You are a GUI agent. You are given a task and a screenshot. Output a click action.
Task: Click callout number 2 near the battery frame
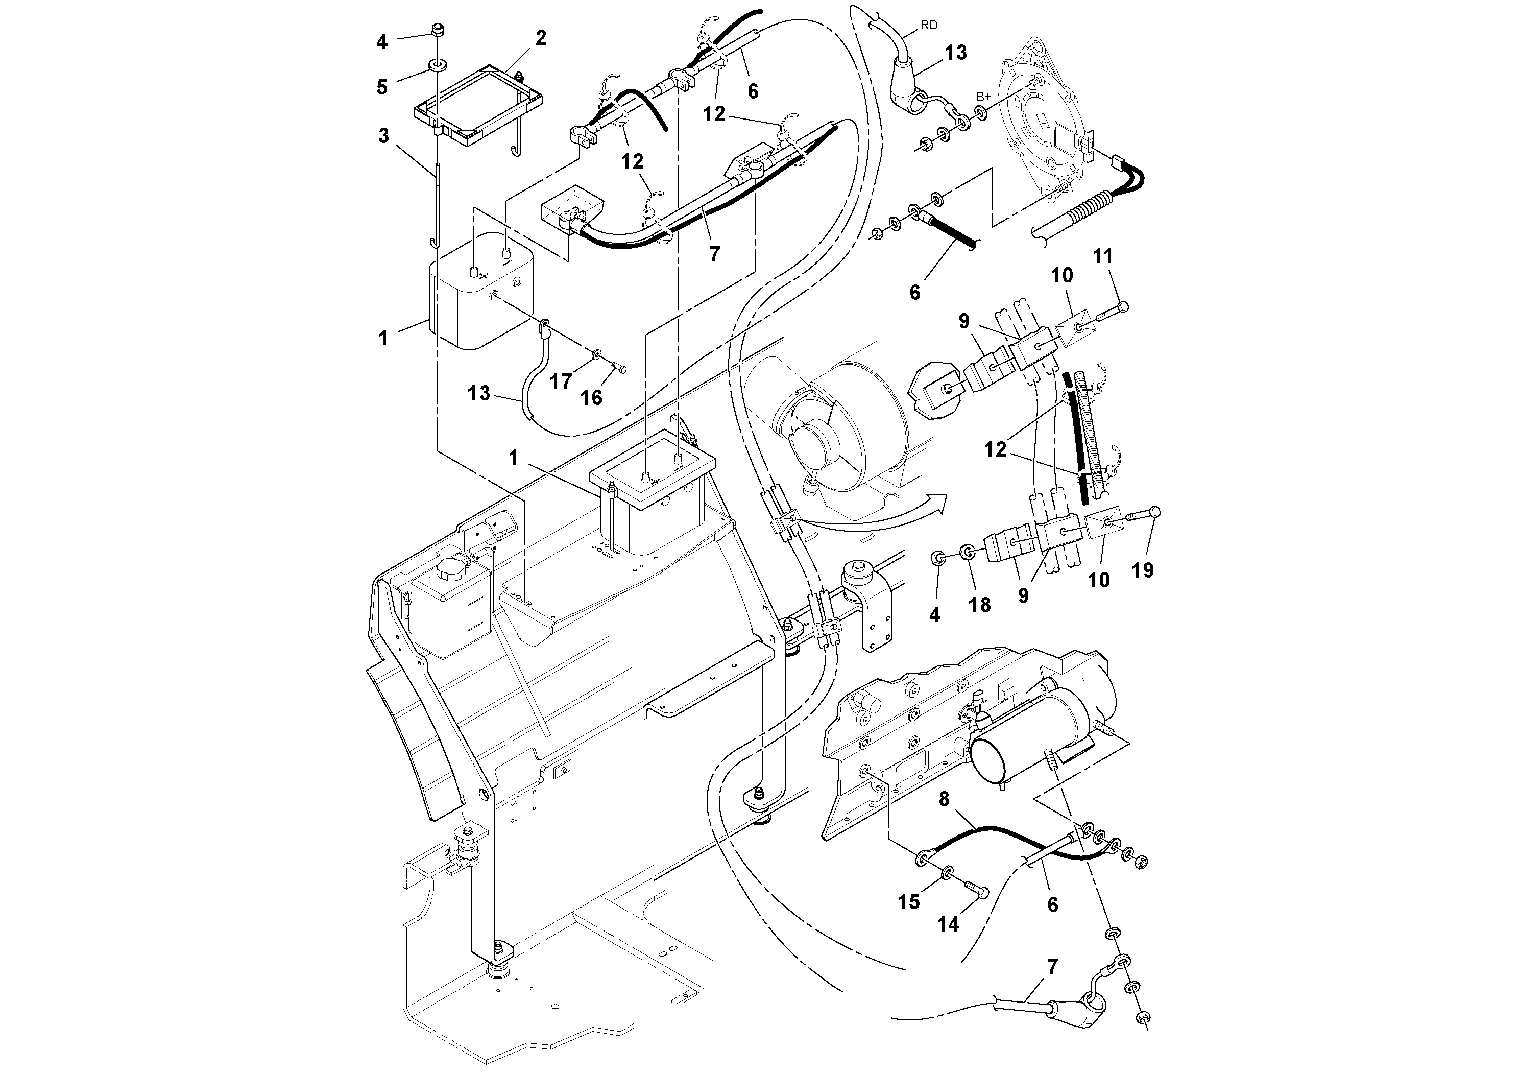[540, 38]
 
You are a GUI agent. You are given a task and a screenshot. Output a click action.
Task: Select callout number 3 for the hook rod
[383, 136]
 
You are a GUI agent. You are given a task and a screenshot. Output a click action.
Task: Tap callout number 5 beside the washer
[382, 87]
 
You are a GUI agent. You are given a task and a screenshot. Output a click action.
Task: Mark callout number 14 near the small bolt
[948, 924]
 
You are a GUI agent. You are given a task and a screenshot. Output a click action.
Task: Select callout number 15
[909, 901]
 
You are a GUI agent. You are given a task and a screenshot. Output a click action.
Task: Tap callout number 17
[561, 381]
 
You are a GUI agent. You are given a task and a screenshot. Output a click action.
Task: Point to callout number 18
[980, 605]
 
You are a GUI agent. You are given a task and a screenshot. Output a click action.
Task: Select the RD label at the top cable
[929, 25]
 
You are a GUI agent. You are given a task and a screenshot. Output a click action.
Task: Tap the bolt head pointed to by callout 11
[1123, 306]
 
